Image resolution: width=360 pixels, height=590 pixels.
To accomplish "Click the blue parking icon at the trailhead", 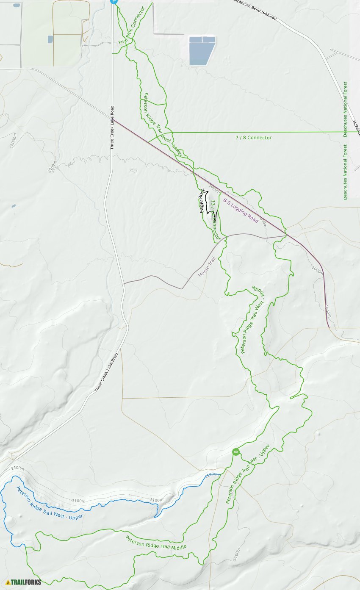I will click(113, 1).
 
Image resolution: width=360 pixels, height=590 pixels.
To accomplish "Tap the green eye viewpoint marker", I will click(236, 452).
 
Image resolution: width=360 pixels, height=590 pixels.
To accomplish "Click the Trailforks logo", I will click(24, 582).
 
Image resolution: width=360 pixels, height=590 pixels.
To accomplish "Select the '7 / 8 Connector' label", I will click(253, 138).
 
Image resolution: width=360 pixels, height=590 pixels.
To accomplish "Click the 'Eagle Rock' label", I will click(202, 200).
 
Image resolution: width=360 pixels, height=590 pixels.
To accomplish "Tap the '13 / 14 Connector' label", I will click(216, 221).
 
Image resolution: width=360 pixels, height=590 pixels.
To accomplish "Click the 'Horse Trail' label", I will click(207, 267).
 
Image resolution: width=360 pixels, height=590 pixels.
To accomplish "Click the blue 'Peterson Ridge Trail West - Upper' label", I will click(50, 503).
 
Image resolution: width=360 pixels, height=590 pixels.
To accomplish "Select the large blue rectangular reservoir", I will click(202, 51).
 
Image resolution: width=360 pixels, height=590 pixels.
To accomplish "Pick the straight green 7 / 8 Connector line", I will click(296, 132).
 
